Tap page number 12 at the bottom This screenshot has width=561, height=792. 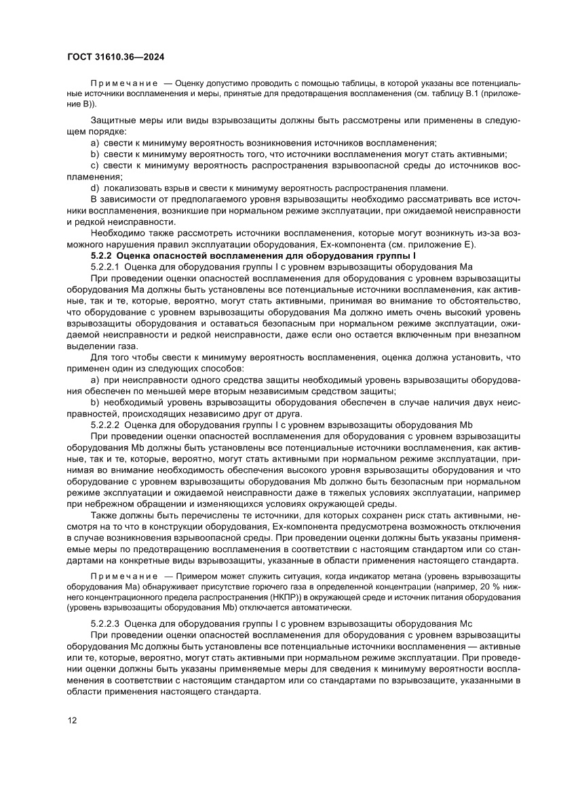tap(72, 720)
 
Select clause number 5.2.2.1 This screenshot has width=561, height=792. tap(106, 268)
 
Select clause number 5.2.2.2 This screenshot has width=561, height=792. tap(106, 425)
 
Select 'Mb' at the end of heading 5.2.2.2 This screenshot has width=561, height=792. tap(466, 425)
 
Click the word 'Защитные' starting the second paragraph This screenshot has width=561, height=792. tap(112, 121)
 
